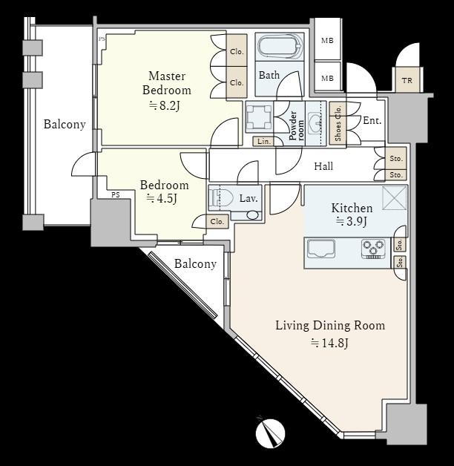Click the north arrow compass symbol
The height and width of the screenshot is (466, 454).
point(270,434)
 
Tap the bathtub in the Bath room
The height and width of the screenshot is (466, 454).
point(279,47)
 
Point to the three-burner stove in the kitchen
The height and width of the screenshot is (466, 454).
point(373,249)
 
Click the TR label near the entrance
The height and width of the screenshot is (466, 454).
point(407,80)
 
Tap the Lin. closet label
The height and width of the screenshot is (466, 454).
point(263,141)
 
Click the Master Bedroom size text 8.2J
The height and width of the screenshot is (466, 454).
point(170,105)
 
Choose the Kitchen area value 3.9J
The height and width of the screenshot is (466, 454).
point(352,221)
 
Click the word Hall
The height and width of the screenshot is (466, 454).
point(323,167)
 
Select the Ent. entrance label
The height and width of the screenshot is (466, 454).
point(372,120)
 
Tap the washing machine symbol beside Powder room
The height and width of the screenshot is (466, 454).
point(259,116)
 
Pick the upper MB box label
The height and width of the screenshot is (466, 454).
point(326,41)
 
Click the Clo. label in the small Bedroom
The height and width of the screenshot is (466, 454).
point(217,221)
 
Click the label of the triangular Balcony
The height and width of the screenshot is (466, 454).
point(195,264)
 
